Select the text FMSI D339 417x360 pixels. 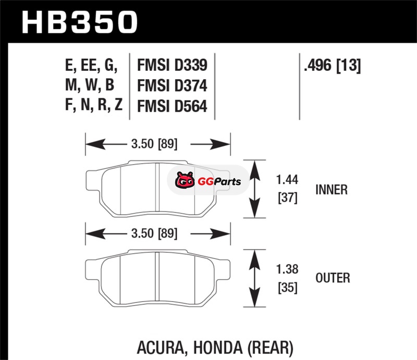click(172, 65)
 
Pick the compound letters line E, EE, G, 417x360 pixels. click(91, 66)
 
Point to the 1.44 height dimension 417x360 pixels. click(286, 181)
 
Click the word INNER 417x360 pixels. click(332, 190)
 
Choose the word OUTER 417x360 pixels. click(333, 278)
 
